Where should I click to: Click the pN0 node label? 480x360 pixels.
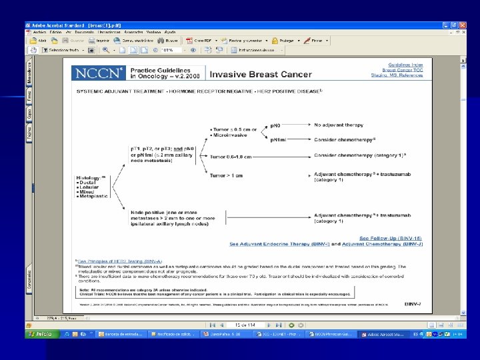coord(275,124)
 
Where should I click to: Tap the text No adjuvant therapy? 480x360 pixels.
coord(339,124)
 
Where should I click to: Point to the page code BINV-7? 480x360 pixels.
coord(413,304)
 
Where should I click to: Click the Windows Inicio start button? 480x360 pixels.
coord(41,333)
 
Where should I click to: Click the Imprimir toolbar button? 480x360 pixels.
coord(100,40)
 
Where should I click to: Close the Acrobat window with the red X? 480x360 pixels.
coord(463,25)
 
